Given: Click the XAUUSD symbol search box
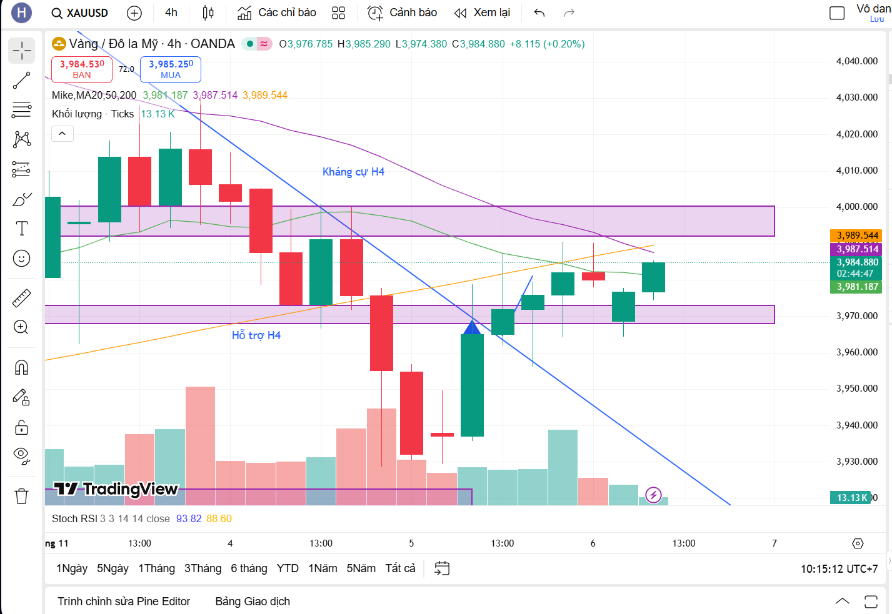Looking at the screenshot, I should (80, 12).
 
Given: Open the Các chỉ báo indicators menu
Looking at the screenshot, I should (277, 12).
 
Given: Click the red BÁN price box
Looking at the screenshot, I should (82, 69).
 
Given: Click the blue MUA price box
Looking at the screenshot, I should (171, 69).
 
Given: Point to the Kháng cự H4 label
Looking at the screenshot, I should (353, 172).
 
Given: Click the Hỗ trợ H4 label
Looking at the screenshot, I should (256, 335).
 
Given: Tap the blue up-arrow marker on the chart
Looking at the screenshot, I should (472, 327).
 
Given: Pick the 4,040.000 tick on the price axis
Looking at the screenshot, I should (856, 61).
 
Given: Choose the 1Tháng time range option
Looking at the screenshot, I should (156, 568).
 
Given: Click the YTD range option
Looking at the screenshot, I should (288, 568).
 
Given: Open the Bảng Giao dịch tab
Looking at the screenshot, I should (253, 602).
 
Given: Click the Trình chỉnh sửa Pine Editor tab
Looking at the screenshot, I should (124, 602).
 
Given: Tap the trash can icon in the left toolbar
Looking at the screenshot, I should (22, 496).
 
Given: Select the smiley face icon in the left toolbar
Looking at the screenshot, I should (22, 258).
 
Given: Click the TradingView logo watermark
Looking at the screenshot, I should (116, 489).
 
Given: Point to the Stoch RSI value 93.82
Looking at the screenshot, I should (189, 518).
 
